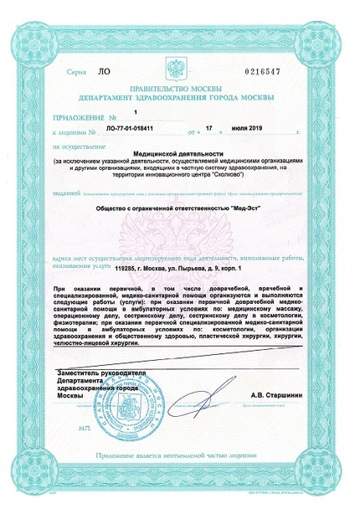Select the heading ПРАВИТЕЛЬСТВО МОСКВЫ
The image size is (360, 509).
point(180,87)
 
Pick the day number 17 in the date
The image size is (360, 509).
point(212,131)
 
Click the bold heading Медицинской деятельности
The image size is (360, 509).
point(180,155)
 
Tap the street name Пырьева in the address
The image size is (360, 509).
point(202,267)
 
